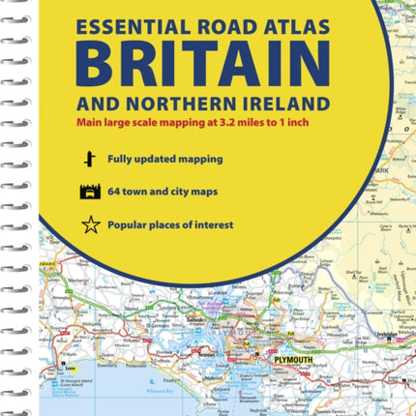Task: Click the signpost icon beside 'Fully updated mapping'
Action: click(x=90, y=159)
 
